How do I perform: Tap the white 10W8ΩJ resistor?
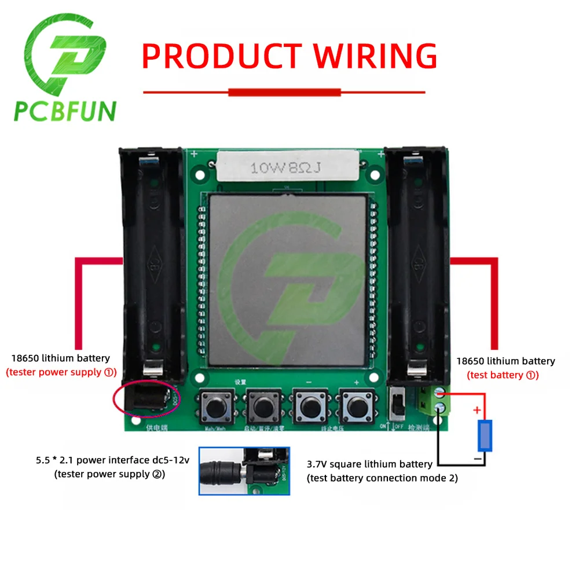pyautogui.click(x=285, y=168)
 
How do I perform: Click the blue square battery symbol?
pyautogui.click(x=484, y=435)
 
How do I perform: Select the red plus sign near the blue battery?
pyautogui.click(x=478, y=411)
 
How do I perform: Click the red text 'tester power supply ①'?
pyautogui.click(x=62, y=372)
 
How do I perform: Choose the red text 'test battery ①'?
pyautogui.click(x=503, y=375)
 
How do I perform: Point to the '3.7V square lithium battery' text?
pyautogui.click(x=369, y=464)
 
